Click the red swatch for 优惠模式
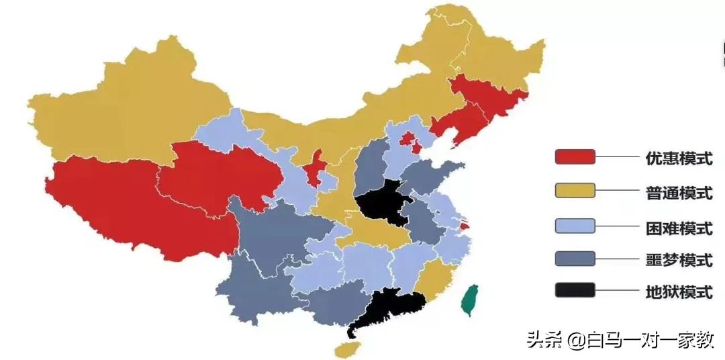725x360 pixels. click(x=575, y=157)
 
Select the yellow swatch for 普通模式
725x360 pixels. click(x=575, y=191)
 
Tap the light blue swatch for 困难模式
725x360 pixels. click(x=575, y=226)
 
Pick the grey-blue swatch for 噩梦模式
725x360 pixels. click(x=575, y=259)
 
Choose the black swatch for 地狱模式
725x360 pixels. click(x=575, y=290)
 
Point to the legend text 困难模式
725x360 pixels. click(x=678, y=227)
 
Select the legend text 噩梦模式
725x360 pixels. click(x=678, y=260)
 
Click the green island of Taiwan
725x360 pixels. click(x=472, y=300)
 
